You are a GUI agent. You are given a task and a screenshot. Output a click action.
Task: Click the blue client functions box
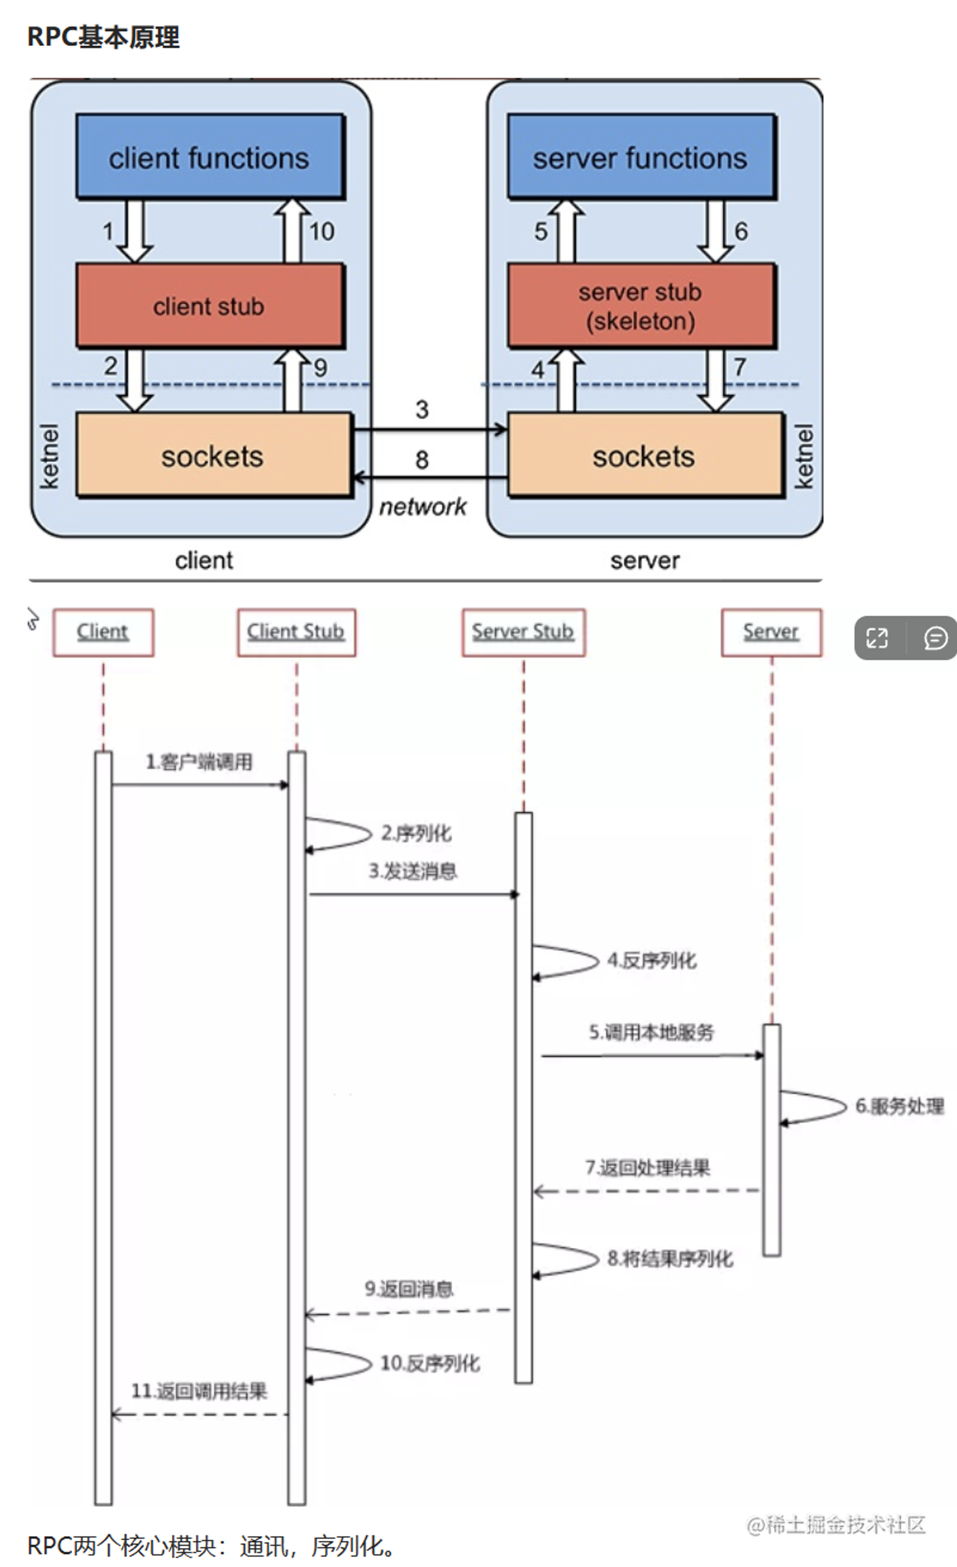pyautogui.click(x=210, y=157)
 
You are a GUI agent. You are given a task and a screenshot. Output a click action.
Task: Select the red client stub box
pyautogui.click(x=210, y=306)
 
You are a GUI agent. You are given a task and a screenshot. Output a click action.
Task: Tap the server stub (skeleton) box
pyautogui.click(x=641, y=306)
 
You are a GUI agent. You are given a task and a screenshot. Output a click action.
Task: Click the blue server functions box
pyautogui.click(x=641, y=157)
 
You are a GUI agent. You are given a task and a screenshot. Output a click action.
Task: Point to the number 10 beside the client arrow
pyautogui.click(x=322, y=232)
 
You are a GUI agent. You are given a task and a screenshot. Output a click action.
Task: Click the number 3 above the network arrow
pyautogui.click(x=422, y=409)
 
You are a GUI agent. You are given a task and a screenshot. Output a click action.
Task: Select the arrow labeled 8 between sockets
pyautogui.click(x=430, y=477)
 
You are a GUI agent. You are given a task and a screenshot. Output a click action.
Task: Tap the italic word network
pyautogui.click(x=423, y=507)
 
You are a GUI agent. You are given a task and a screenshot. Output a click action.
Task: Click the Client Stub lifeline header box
pyautogui.click(x=296, y=632)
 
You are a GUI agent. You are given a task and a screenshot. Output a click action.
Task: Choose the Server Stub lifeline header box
pyautogui.click(x=523, y=632)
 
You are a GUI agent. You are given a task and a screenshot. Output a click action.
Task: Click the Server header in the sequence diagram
pyautogui.click(x=771, y=632)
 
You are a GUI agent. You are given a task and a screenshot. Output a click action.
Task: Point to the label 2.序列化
pyautogui.click(x=416, y=833)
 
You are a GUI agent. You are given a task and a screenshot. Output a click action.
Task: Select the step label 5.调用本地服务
pyautogui.click(x=651, y=1032)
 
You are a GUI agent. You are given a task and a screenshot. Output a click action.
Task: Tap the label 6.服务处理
pyautogui.click(x=899, y=1106)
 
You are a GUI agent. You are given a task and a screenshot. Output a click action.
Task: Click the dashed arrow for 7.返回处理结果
pyautogui.click(x=647, y=1191)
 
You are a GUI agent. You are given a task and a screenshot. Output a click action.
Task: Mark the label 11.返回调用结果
pyautogui.click(x=199, y=1391)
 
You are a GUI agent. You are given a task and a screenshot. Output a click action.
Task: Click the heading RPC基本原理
pyautogui.click(x=103, y=37)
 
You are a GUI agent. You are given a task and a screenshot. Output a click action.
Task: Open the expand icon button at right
pyautogui.click(x=878, y=638)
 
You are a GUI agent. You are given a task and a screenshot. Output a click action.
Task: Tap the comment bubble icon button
pyautogui.click(x=935, y=638)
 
